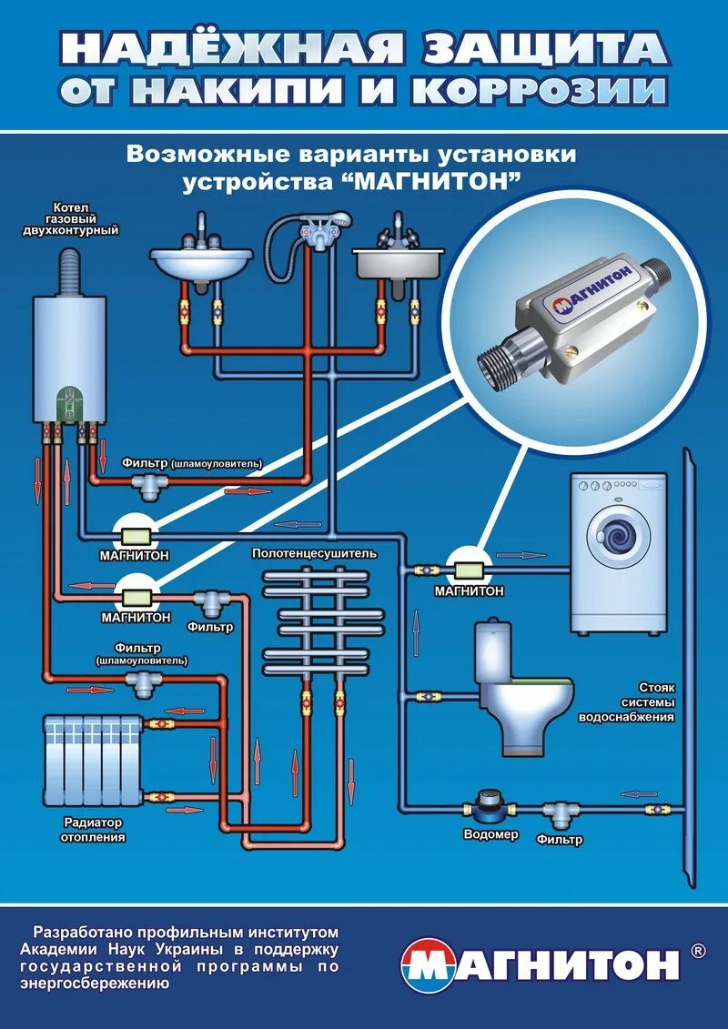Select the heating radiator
93,758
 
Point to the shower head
339,218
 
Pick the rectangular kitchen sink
398,264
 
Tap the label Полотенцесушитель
314,552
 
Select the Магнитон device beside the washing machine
470,569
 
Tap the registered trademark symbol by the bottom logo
698,951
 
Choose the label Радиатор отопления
94,829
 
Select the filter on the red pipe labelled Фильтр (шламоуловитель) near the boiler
147,490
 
